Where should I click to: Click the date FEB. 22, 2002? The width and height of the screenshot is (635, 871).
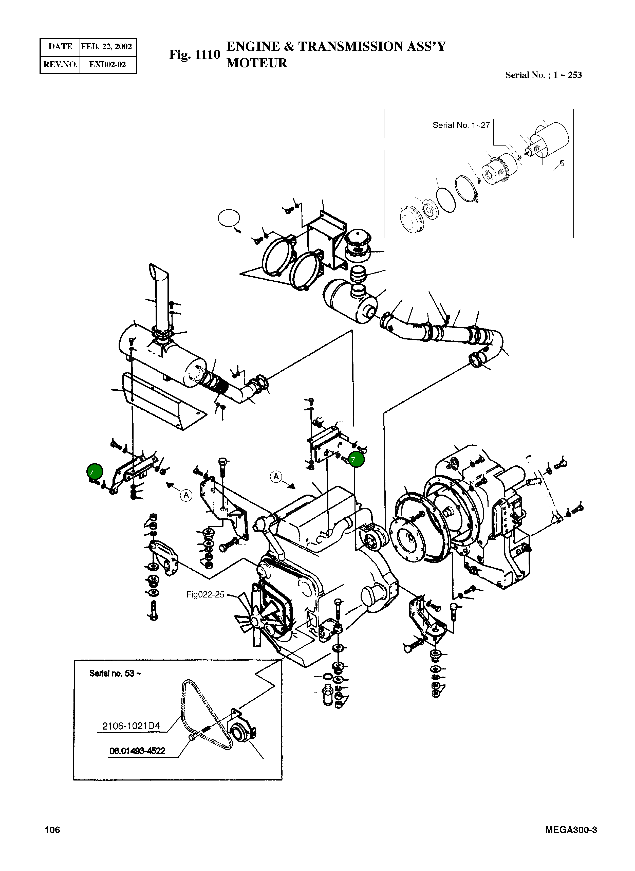point(106,47)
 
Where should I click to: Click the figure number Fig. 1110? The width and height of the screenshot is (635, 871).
point(195,55)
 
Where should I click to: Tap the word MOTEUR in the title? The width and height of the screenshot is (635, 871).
point(256,63)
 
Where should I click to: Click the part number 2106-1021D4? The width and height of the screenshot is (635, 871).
point(131,726)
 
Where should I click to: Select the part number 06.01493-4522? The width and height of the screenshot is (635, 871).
point(137,751)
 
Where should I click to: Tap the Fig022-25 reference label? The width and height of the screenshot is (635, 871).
point(205,594)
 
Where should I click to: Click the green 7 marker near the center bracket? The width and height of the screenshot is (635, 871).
point(356,459)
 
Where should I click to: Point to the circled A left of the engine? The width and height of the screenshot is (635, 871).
point(276,477)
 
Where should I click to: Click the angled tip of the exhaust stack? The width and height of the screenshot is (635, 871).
point(158,269)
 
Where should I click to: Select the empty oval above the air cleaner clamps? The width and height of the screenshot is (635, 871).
point(229,218)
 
